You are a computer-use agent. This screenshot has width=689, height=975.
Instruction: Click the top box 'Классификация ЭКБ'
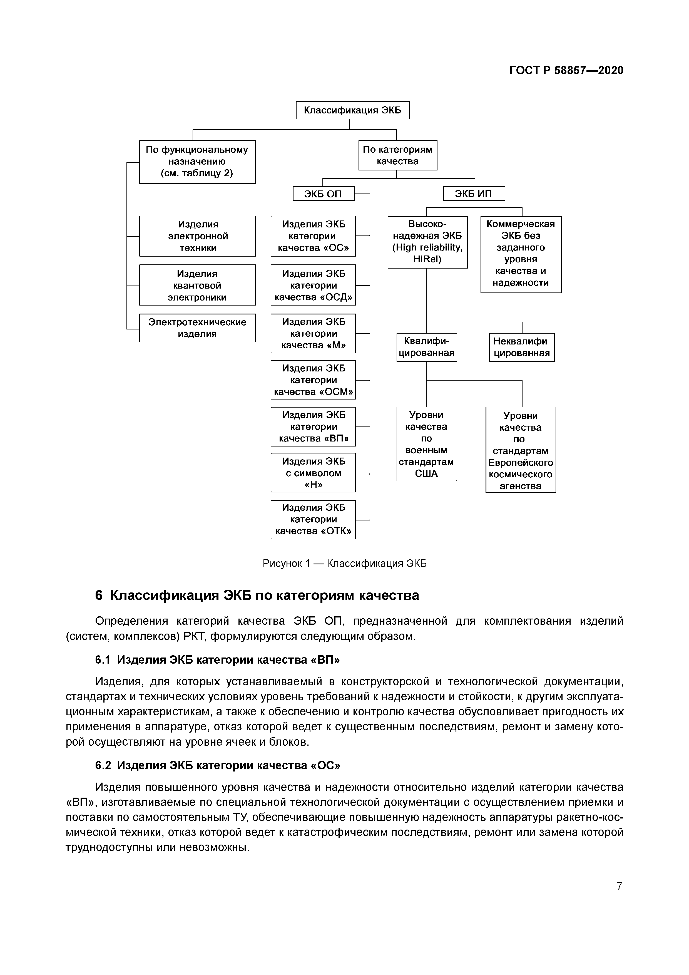pyautogui.click(x=352, y=110)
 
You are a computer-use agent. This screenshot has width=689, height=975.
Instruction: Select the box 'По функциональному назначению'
pyautogui.click(x=197, y=162)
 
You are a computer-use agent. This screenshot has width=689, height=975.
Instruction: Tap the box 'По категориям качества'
pyautogui.click(x=397, y=155)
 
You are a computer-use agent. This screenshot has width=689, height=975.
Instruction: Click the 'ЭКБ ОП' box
pyautogui.click(x=324, y=194)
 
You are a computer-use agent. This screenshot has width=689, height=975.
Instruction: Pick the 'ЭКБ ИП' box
pyautogui.click(x=474, y=194)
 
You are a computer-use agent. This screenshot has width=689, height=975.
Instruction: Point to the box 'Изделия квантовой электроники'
pyautogui.click(x=197, y=285)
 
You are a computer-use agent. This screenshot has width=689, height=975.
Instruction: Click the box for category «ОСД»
pyautogui.click(x=313, y=285)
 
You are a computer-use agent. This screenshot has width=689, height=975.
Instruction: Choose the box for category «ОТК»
pyautogui.click(x=313, y=519)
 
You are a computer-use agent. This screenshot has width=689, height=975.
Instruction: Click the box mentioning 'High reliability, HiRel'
pyautogui.click(x=427, y=242)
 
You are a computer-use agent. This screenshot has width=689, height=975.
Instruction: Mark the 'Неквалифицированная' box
pyautogui.click(x=522, y=347)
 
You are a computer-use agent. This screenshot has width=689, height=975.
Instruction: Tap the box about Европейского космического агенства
pyautogui.click(x=521, y=450)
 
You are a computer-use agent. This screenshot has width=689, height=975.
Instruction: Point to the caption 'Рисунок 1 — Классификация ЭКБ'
pyautogui.click(x=345, y=564)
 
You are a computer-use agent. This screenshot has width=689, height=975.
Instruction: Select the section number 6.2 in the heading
pyautogui.click(x=103, y=765)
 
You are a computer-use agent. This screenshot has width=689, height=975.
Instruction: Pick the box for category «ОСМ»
pyautogui.click(x=313, y=380)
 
